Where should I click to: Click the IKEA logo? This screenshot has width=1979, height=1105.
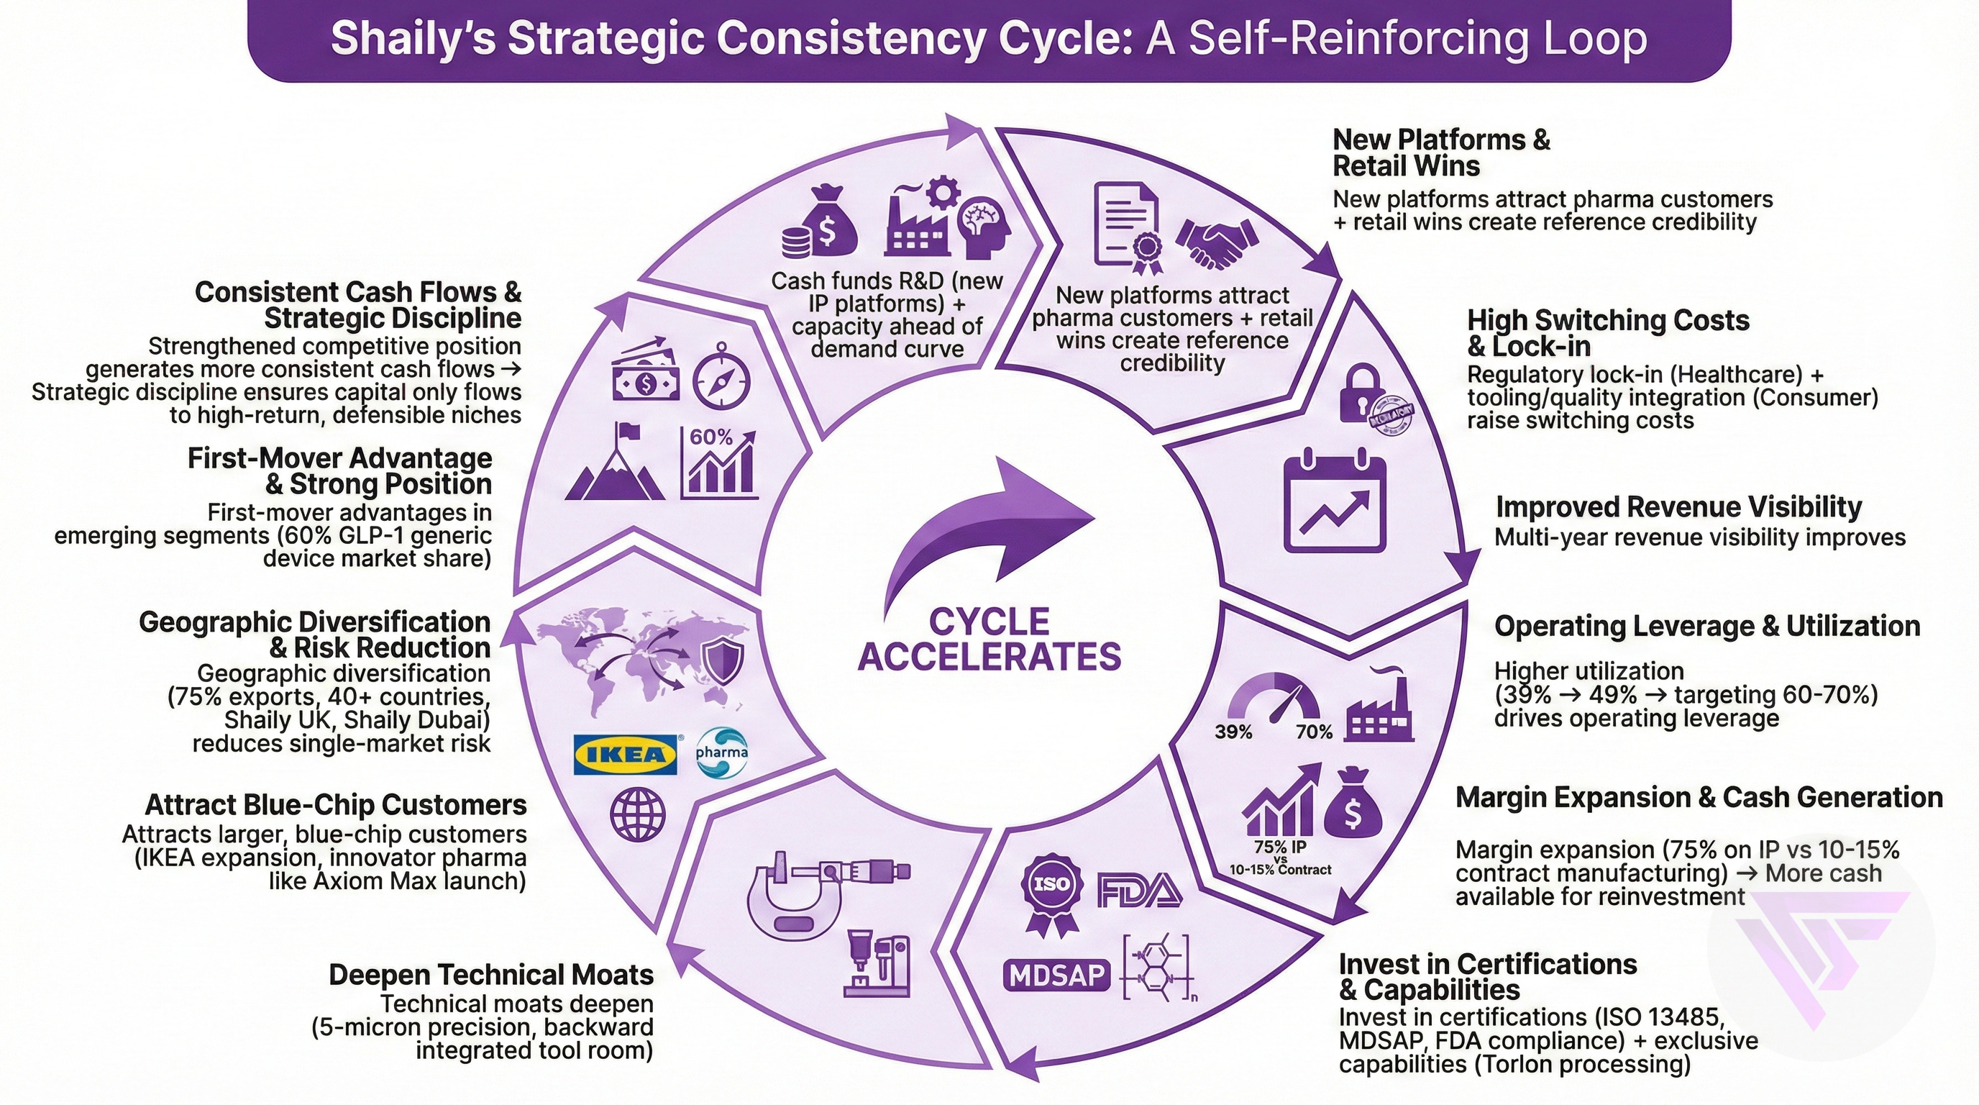(x=626, y=754)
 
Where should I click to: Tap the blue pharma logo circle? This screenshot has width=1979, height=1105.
(x=721, y=752)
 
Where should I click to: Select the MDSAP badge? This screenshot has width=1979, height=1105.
(x=1056, y=975)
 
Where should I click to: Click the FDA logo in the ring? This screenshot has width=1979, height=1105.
(x=1139, y=890)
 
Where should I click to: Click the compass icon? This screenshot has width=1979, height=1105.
(x=721, y=377)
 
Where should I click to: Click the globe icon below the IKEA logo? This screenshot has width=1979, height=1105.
(x=637, y=814)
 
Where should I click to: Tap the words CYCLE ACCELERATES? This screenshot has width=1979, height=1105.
(x=989, y=640)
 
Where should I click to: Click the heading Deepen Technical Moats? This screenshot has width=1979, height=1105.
(x=491, y=974)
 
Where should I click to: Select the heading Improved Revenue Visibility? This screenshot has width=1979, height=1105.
(x=1678, y=507)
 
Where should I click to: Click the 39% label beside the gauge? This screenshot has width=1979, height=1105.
(x=1233, y=732)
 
